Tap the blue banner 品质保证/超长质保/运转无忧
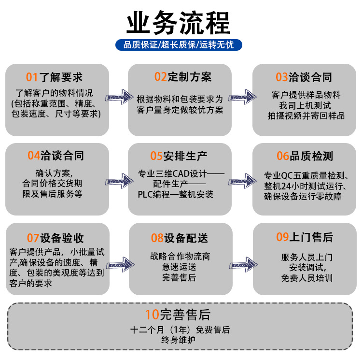point(178,45)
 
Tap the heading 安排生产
point(185,156)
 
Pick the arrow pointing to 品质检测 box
point(243,181)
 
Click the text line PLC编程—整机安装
point(175,194)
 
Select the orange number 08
point(157,238)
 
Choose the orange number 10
point(152,315)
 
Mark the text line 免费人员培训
point(306,278)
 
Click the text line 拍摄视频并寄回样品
point(306,115)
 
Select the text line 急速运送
point(179,267)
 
